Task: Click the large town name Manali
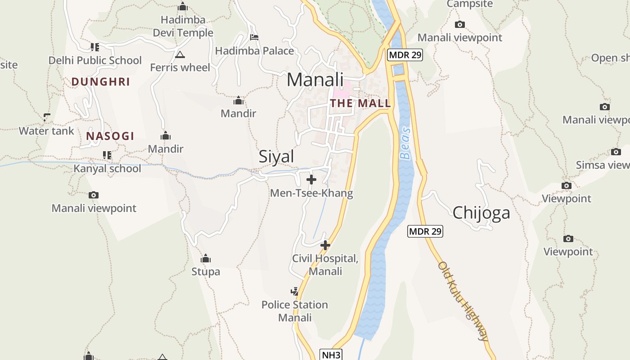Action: [x=315, y=80]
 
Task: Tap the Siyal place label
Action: [x=276, y=157]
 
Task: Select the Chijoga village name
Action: [x=481, y=213]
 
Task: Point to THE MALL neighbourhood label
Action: [x=360, y=103]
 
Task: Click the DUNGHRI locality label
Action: [x=101, y=82]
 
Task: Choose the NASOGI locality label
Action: [x=110, y=136]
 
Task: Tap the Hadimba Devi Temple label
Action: [x=183, y=27]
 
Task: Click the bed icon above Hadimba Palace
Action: [x=254, y=37]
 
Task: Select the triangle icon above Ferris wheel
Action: [x=180, y=55]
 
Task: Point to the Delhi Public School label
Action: [x=95, y=60]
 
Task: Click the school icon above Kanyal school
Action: [x=107, y=155]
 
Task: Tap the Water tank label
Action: [x=46, y=131]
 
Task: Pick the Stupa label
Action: [x=206, y=271]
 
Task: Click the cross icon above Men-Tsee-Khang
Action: [x=311, y=180]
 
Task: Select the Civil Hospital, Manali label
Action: [x=325, y=265]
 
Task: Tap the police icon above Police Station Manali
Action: [x=294, y=292]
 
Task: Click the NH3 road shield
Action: [x=331, y=355]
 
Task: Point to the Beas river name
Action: [x=406, y=143]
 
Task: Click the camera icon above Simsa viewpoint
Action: [x=616, y=152]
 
